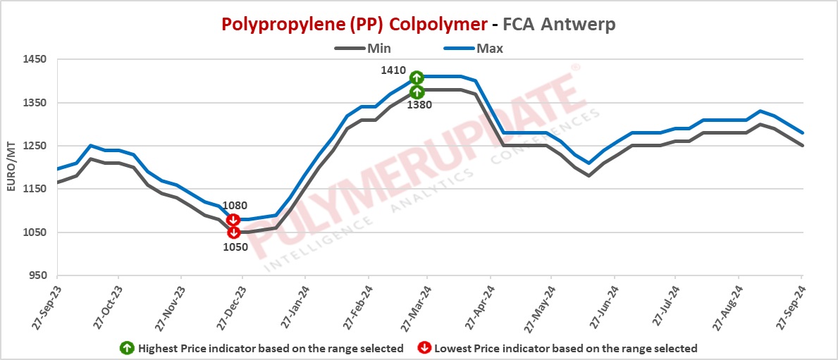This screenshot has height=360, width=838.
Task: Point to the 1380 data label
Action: pyautogui.click(x=419, y=104)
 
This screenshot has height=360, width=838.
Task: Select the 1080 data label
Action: pyautogui.click(x=235, y=206)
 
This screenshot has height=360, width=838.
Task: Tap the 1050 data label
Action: pyautogui.click(x=235, y=247)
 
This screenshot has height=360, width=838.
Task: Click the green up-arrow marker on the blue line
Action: pyautogui.click(x=417, y=77)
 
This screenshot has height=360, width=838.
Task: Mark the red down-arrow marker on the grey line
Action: pyautogui.click(x=234, y=232)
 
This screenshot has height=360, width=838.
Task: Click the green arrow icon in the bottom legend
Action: pyautogui.click(x=128, y=347)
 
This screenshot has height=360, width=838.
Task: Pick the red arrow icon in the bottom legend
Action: pyautogui.click(x=424, y=347)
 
